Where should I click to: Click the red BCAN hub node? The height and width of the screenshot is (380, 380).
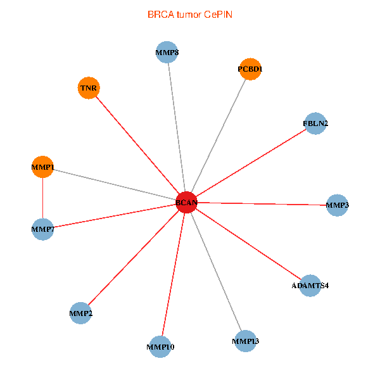point(186,202)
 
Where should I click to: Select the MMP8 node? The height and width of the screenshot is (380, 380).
point(167,52)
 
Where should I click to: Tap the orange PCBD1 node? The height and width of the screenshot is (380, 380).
point(250,69)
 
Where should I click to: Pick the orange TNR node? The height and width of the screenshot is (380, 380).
point(89,88)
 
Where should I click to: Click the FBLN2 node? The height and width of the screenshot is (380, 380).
point(315,123)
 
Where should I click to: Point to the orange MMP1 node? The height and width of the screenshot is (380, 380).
point(42,167)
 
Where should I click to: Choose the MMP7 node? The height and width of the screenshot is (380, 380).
point(42,229)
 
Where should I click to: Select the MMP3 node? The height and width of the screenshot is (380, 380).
point(337,205)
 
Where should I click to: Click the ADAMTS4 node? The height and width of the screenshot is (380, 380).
point(310,286)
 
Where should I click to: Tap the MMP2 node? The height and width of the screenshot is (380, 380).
point(80,313)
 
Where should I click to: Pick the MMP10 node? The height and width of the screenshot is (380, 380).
point(160,347)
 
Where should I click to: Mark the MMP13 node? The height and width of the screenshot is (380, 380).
point(246,341)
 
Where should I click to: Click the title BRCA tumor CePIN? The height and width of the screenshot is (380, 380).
point(190,15)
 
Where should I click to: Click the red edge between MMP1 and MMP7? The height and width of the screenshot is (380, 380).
point(42,198)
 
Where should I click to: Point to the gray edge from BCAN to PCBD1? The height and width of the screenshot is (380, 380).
point(218,136)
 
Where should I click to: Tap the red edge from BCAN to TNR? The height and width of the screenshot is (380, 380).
point(137,145)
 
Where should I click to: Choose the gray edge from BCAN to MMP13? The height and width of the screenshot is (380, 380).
point(216,272)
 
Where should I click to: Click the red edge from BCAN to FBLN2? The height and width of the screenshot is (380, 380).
point(251,163)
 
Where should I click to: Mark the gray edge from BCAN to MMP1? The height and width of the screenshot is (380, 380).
point(115,185)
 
